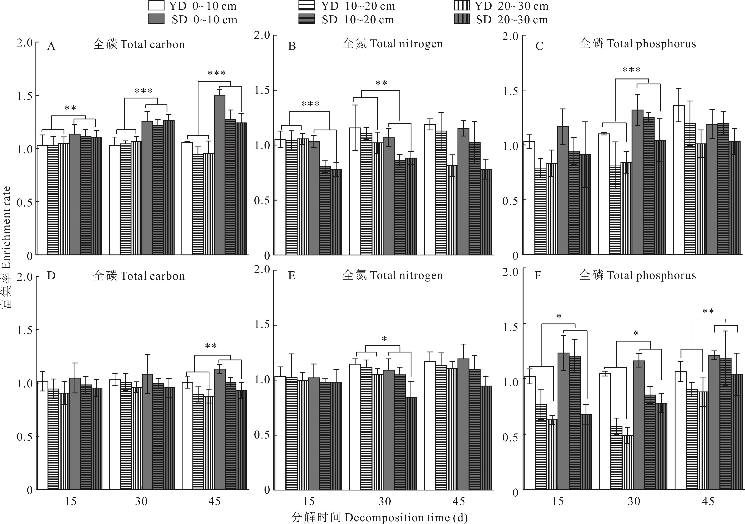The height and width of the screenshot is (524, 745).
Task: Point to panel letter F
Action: click(538, 276)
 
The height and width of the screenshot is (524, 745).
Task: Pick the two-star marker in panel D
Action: click(211, 346)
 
